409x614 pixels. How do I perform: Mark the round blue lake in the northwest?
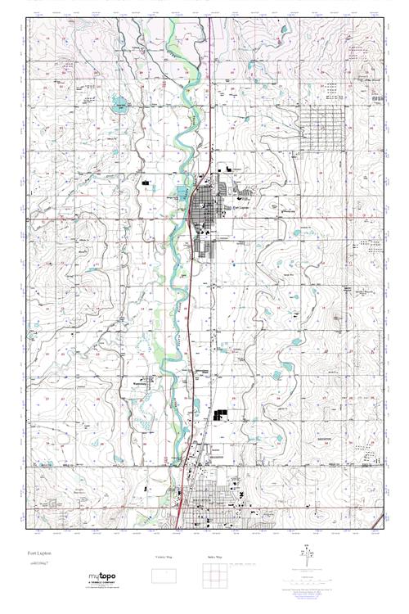120,106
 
